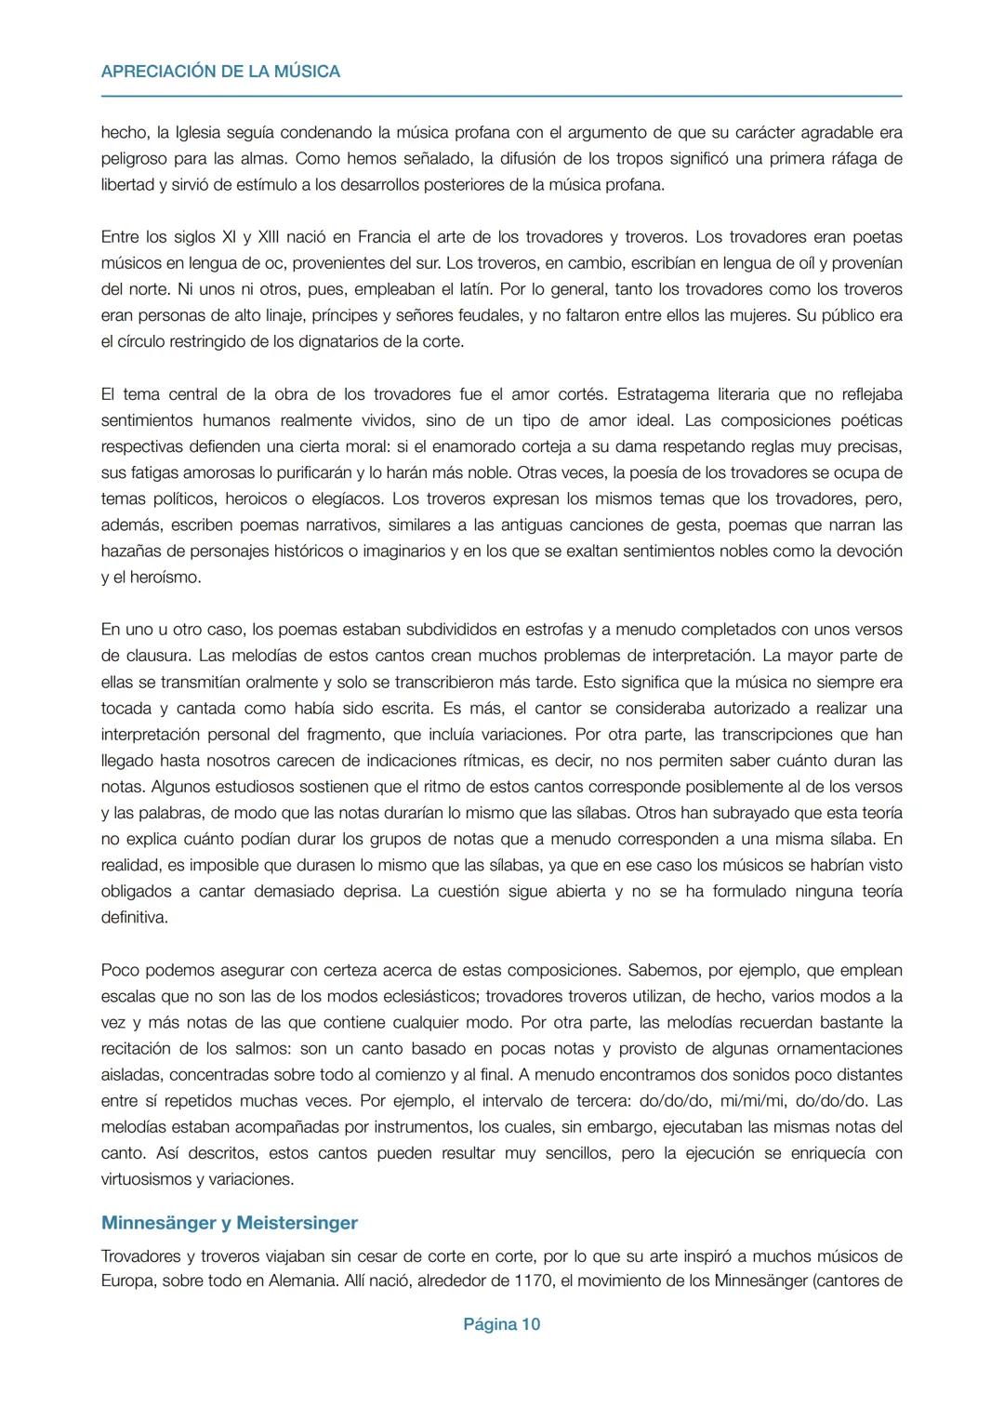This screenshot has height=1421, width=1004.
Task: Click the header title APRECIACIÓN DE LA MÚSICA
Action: pyautogui.click(x=220, y=72)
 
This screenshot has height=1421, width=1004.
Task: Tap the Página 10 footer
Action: pyautogui.click(x=501, y=1324)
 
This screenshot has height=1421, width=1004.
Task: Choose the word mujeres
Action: pyautogui.click(x=758, y=315)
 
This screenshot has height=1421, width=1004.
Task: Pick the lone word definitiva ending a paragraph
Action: pyautogui.click(x=134, y=917)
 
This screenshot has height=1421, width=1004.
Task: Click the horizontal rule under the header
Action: pyautogui.click(x=501, y=96)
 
